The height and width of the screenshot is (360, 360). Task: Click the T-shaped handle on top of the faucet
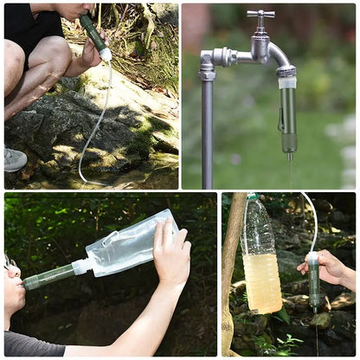tap(260, 15)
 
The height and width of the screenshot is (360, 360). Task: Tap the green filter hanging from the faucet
tap(287, 117)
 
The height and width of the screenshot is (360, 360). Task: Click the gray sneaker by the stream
tap(13, 158)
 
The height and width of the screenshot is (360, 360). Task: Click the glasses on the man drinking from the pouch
tap(10, 260)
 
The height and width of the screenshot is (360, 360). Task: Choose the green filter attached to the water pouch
tap(48, 277)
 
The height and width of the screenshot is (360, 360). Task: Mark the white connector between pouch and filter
tap(80, 266)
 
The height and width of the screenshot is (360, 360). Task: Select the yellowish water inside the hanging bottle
tap(262, 281)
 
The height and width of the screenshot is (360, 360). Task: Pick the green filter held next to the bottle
tap(314, 281)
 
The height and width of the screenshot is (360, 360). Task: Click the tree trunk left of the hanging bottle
tap(229, 277)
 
